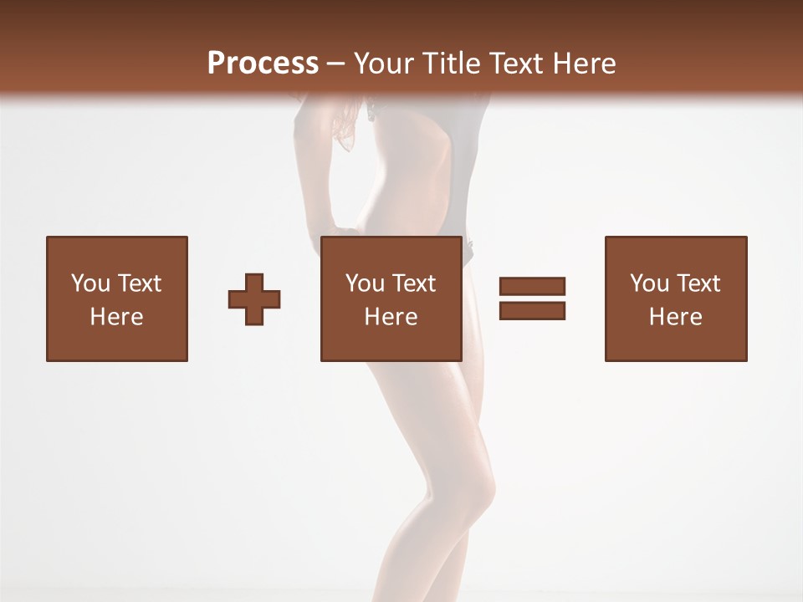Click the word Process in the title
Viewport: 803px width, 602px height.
pyautogui.click(x=263, y=64)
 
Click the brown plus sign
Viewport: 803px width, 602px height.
pyautogui.click(x=254, y=299)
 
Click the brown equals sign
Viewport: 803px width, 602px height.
pyautogui.click(x=532, y=298)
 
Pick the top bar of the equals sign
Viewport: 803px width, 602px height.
pyautogui.click(x=532, y=286)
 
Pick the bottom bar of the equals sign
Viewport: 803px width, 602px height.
pyautogui.click(x=532, y=310)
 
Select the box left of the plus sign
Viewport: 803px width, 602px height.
pyautogui.click(x=116, y=298)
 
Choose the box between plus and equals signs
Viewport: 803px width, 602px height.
pyautogui.click(x=391, y=298)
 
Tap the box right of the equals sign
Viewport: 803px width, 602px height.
pyautogui.click(x=675, y=298)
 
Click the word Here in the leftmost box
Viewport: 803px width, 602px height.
pyautogui.click(x=116, y=317)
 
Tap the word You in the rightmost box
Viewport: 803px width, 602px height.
pyautogui.click(x=650, y=283)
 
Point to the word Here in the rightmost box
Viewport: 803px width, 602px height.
pyautogui.click(x=675, y=317)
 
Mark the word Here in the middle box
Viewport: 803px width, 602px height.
pyautogui.click(x=391, y=317)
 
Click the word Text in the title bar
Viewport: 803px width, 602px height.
pyautogui.click(x=512, y=64)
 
